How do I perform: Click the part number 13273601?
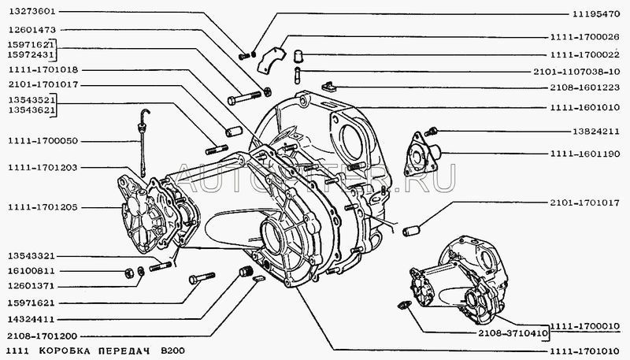pyautogui.click(x=31, y=12)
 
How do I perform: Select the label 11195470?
pyautogui.click(x=596, y=14)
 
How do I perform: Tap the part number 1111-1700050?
pyautogui.click(x=43, y=141)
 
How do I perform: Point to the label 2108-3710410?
pyautogui.click(x=513, y=333)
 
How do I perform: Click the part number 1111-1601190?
pyautogui.click(x=584, y=154)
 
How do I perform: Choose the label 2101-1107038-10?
pyautogui.click(x=576, y=72)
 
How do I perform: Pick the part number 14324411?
pyautogui.click(x=31, y=319)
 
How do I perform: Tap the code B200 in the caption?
pyautogui.click(x=172, y=351)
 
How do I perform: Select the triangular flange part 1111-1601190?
pyautogui.click(x=421, y=154)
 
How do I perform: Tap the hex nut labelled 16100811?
pyautogui.click(x=128, y=273)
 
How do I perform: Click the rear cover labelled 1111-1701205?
pyautogui.click(x=143, y=215)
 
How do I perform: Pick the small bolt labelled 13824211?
pyautogui.click(x=431, y=131)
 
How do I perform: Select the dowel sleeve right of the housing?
pyautogui.click(x=411, y=231)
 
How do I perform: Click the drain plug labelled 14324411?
pyautogui.click(x=246, y=271)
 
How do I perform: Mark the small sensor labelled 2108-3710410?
pyautogui.click(x=403, y=305)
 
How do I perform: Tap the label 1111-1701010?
pyautogui.click(x=584, y=350)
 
